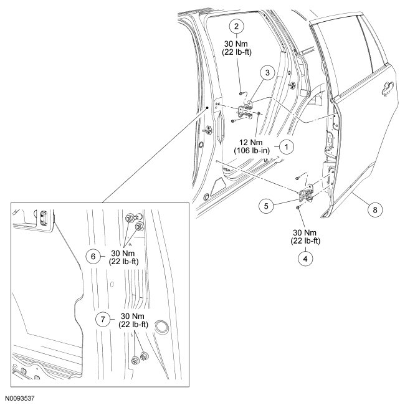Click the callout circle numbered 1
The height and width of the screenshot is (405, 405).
286,147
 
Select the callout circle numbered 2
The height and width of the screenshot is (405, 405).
236,26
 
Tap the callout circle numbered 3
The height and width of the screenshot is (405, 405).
267,73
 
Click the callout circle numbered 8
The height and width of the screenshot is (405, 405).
374,210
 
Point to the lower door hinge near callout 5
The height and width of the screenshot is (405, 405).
307,195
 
